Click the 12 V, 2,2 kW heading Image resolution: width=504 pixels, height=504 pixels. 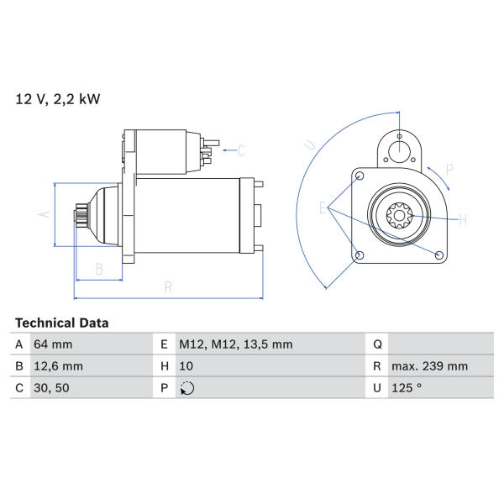pos(58,99)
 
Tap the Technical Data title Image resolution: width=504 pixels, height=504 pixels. pos(61,323)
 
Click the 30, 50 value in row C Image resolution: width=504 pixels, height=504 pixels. pos(51,387)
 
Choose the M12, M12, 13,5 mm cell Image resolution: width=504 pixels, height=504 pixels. pos(235,344)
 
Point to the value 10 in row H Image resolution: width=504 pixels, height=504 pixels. pos(186,366)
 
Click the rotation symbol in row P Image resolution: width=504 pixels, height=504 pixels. pos(187,388)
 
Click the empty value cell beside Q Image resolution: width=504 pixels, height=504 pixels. pos(441,344)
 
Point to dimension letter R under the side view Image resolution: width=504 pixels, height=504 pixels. pos(168,287)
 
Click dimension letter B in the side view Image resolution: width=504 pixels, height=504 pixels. pos(99,269)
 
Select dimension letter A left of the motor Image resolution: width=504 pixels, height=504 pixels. pos(45,214)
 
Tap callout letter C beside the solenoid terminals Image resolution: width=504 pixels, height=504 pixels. pos(241,150)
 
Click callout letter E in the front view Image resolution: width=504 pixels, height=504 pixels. pos(323,207)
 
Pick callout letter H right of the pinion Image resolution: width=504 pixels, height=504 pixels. pos(463,220)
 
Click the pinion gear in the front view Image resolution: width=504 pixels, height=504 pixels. pos(399,216)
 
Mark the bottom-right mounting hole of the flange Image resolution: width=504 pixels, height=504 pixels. pos(438,255)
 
